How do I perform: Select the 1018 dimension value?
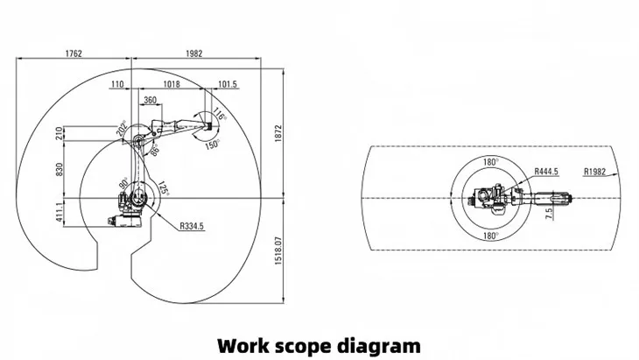(x=171, y=84)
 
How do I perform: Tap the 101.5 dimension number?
(x=227, y=84)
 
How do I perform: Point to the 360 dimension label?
(x=150, y=101)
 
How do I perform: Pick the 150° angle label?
(x=211, y=145)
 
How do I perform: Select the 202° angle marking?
(x=122, y=129)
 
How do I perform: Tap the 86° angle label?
(x=155, y=152)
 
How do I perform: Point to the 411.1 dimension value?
(x=60, y=213)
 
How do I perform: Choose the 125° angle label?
(x=162, y=188)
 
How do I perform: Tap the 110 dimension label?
(x=117, y=84)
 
